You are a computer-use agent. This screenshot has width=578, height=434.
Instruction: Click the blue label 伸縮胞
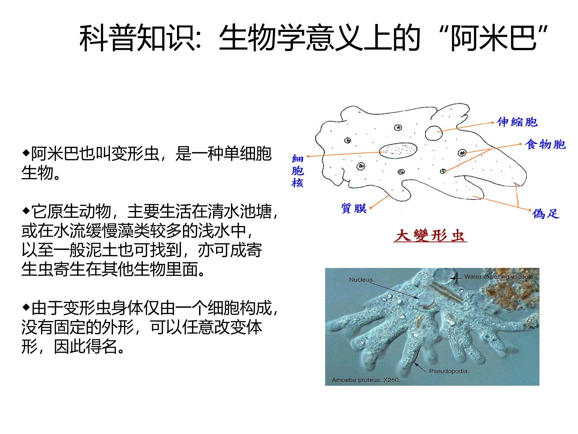(517, 122)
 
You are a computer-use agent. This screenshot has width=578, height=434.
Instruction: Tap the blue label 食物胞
(545, 144)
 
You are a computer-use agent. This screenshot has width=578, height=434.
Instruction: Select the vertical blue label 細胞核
(297, 171)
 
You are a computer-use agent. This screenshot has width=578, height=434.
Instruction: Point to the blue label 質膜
(354, 208)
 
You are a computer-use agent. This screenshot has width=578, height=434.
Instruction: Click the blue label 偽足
(545, 214)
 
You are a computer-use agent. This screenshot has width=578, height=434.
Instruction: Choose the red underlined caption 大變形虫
(430, 235)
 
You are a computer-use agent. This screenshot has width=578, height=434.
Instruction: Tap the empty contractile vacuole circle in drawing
(433, 133)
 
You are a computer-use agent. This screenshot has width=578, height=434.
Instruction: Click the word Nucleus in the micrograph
(361, 280)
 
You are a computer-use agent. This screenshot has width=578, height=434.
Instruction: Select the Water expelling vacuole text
(499, 277)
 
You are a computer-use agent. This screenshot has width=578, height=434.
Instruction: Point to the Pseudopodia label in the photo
(449, 371)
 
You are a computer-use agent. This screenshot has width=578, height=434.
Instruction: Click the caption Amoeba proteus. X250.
(366, 380)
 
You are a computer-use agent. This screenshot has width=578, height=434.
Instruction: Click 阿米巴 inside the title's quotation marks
(494, 38)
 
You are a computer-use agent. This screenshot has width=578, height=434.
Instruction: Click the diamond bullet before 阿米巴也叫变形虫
(26, 153)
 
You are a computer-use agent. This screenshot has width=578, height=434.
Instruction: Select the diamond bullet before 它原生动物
(26, 210)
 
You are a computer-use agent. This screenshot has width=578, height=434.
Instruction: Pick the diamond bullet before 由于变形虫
(26, 307)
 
